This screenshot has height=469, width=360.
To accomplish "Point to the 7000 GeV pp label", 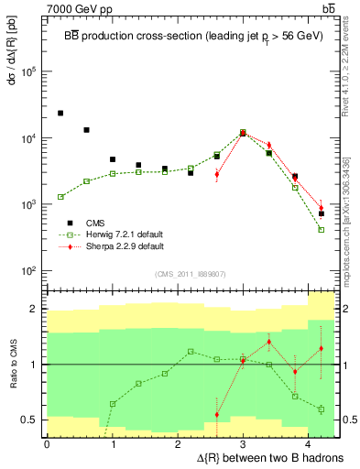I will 76,8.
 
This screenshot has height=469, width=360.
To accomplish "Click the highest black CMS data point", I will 60,113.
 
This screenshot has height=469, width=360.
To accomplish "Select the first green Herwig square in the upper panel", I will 60,197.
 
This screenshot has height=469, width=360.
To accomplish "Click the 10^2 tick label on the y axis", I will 29,271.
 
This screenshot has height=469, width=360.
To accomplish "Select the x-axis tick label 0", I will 47,444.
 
